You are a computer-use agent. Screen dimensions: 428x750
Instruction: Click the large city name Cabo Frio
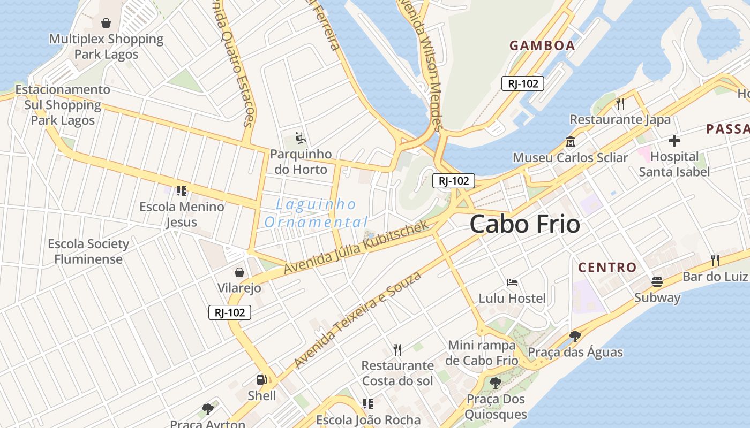click(524, 224)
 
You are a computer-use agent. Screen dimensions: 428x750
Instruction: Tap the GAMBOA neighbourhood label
click(542, 45)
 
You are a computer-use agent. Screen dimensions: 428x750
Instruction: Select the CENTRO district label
click(607, 267)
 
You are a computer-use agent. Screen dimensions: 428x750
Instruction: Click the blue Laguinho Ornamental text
click(316, 213)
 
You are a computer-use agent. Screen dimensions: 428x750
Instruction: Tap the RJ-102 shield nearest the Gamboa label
click(523, 83)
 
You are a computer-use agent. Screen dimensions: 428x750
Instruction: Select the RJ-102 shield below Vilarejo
click(229, 312)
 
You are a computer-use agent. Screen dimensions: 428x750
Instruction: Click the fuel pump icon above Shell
click(261, 380)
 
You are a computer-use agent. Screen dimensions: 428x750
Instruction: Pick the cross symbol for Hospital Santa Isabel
click(674, 141)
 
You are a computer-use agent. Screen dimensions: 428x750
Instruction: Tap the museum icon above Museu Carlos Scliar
click(570, 142)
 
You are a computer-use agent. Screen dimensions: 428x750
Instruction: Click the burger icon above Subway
click(657, 282)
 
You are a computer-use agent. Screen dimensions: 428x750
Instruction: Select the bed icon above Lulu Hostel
click(512, 282)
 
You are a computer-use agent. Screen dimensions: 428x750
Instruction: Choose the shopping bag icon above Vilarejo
click(239, 272)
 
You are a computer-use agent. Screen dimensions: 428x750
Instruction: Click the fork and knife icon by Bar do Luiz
click(715, 261)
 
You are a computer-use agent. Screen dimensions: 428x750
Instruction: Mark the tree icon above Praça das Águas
click(575, 337)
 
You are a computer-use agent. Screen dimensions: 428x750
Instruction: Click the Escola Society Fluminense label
click(88, 251)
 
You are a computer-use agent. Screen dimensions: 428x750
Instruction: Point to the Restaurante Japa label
click(620, 119)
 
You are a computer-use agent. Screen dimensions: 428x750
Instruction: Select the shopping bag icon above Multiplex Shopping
click(106, 23)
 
